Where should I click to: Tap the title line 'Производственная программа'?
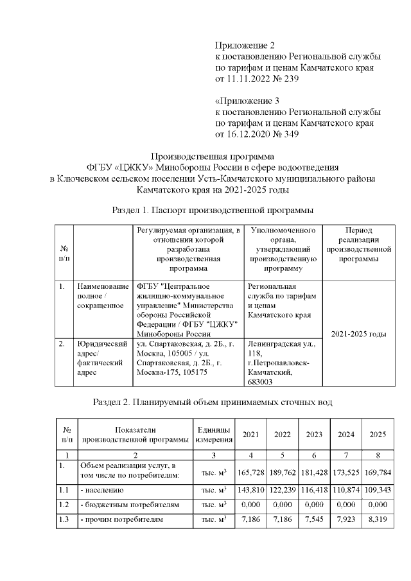pyautogui.click(x=212, y=156)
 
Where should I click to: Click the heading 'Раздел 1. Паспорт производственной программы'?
pyautogui.click(x=213, y=209)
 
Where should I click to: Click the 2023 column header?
pyautogui.click(x=313, y=435)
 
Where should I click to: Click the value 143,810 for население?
pyautogui.click(x=251, y=490)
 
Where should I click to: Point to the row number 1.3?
pyautogui.click(x=64, y=518)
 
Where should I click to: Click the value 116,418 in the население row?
pyautogui.click(x=314, y=490)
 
